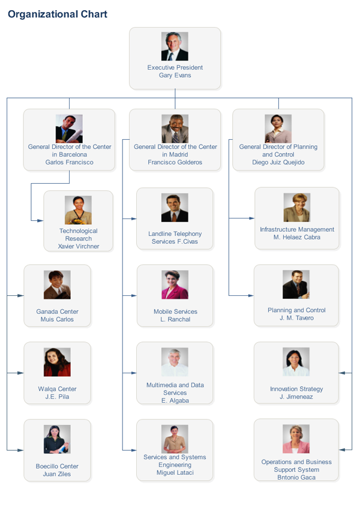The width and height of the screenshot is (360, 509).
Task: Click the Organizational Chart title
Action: coord(58,14)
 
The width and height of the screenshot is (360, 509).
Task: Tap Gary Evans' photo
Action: coord(175,46)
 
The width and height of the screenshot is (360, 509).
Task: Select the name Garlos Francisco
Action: coord(69,162)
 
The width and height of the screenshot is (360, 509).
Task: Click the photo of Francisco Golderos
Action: coord(175,128)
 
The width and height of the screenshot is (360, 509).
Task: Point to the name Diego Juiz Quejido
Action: coord(278,162)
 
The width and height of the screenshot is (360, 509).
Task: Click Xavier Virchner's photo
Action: coord(78,210)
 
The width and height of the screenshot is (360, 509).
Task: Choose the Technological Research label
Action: coord(78,235)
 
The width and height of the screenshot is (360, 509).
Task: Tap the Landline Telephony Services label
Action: coord(175,238)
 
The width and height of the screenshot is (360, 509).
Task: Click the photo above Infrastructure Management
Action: coord(296,208)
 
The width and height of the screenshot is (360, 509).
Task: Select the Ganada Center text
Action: coord(57,312)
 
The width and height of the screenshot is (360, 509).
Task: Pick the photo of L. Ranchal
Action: coord(175,285)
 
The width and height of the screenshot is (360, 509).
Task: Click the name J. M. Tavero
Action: coord(296,318)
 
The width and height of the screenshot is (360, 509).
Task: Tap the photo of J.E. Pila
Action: coord(57,362)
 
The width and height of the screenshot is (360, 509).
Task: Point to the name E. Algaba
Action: coord(175,400)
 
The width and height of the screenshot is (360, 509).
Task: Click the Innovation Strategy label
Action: coord(296,389)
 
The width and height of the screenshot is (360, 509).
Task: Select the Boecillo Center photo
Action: coord(57,439)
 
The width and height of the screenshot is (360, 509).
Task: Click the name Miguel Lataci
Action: coord(175,472)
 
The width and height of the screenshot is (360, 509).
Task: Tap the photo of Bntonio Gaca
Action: coord(296,439)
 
